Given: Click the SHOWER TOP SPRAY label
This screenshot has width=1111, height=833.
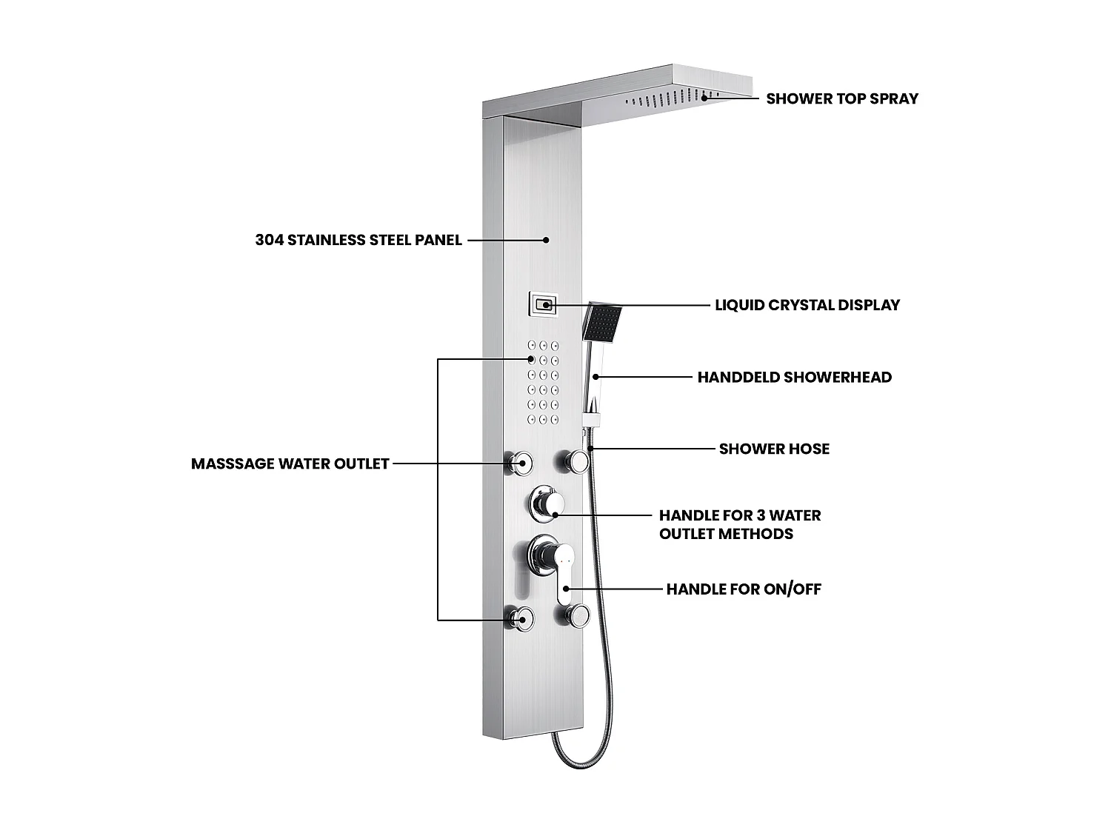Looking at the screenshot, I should [841, 98].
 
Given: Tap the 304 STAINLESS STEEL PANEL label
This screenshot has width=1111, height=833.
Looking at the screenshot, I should [358, 240].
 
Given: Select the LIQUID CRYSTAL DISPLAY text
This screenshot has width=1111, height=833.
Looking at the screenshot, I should [807, 305].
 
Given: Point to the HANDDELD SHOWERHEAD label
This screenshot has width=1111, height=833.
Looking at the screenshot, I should [794, 377].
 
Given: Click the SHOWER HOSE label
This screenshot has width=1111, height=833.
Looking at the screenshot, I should [774, 449].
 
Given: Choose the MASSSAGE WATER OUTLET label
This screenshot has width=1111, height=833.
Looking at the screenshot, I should [290, 464].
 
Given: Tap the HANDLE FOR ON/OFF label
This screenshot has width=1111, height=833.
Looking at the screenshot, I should [744, 589].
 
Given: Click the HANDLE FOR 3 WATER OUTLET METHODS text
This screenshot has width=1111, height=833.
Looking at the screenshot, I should [739, 524].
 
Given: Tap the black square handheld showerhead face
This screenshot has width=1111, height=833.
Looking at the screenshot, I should [602, 324].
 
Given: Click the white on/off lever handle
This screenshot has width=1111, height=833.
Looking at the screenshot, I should [564, 570].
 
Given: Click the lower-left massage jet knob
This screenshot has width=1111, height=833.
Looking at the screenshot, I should [521, 618].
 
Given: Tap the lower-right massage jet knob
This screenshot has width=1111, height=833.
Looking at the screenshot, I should [578, 614].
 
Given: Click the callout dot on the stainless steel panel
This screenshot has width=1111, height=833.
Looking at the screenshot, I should [546, 240].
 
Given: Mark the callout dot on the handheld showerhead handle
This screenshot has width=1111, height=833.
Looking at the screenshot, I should [595, 377].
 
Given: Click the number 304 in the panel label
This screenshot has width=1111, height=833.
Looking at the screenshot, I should [269, 240].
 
